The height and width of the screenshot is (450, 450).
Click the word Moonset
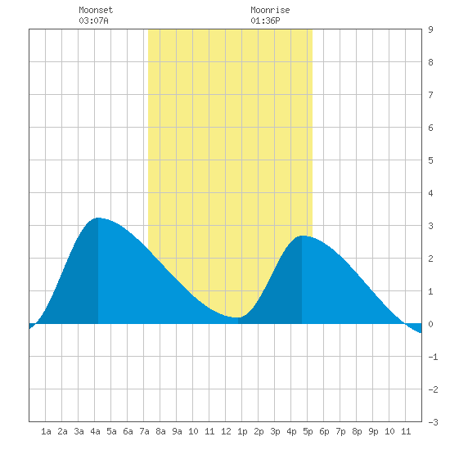coord(96,10)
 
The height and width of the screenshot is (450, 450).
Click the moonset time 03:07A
coord(93,20)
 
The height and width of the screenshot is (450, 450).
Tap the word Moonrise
coord(270,10)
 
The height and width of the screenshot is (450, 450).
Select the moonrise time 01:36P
coord(265,20)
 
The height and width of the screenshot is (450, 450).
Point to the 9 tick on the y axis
coord(430,29)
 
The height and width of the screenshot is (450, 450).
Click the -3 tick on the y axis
coord(433,422)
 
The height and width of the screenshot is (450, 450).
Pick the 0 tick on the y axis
coord(430,324)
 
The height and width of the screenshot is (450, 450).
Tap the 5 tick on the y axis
coord(430,160)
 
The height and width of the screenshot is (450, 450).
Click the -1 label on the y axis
coord(433,357)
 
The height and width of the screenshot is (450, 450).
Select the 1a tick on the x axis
coord(46,431)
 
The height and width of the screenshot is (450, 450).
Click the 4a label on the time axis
coord(95,431)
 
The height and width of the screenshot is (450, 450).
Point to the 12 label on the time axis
coord(226,431)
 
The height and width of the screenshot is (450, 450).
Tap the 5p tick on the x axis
coord(308,431)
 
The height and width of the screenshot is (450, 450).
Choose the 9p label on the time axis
coord(373,431)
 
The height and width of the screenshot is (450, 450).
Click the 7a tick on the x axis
coord(144,431)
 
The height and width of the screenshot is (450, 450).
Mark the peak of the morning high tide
coord(98,218)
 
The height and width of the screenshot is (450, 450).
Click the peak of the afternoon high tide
coord(302,236)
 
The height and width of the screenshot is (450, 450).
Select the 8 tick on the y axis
coord(430,62)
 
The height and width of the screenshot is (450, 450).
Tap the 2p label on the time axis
coord(259,431)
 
